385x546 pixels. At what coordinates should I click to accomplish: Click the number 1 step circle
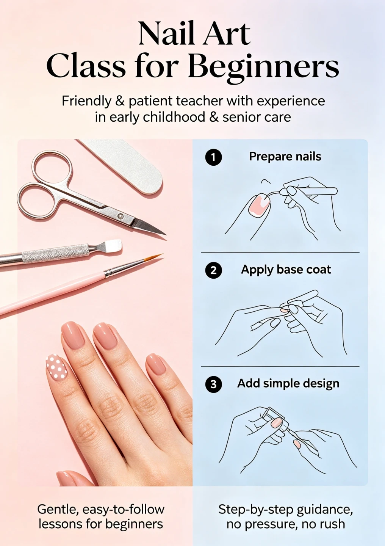coord(213,157)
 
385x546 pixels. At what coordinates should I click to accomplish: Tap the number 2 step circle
coord(213,270)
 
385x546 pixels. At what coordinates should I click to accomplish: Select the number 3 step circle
coord(213,384)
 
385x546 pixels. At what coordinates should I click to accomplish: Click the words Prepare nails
coord(285,157)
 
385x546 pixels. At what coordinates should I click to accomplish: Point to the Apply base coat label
coord(286,270)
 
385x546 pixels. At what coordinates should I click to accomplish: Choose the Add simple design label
coord(288,383)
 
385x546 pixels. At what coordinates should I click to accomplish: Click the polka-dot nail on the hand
coord(56,367)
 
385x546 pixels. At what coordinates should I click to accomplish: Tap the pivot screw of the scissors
coord(120,216)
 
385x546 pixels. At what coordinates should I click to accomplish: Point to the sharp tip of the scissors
coord(166,235)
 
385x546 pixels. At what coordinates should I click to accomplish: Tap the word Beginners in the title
coord(263,67)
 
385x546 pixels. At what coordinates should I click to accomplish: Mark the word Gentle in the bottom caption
coord(58,510)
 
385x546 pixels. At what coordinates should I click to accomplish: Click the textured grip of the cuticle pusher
coord(55,254)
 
